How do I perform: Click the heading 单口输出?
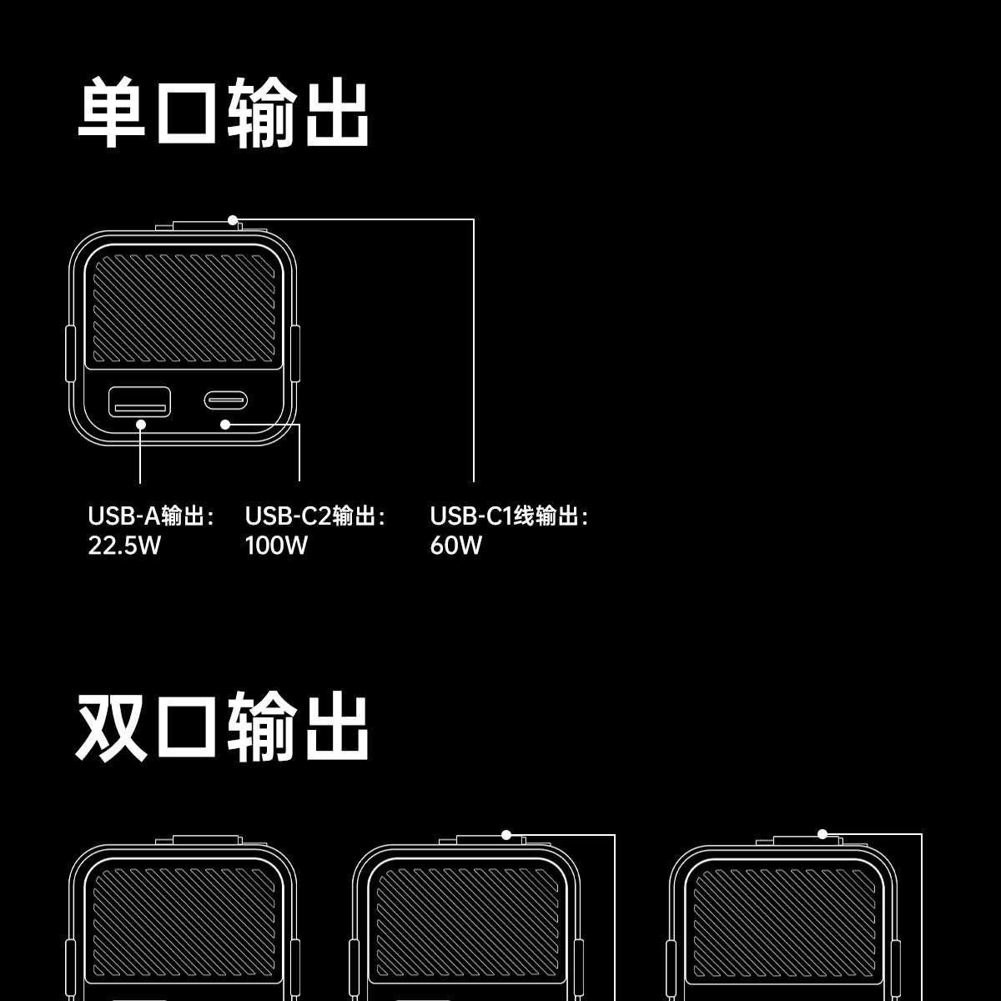pos(224,113)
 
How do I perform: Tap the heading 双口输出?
pos(224,725)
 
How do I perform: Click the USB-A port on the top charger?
pos(140,401)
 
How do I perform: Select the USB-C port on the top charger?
pos(225,400)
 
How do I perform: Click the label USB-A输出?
pos(151,516)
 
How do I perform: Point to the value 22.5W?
pos(124,546)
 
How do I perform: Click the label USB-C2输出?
pos(315,516)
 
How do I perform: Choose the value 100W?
pos(276,546)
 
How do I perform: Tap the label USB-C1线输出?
pos(509,516)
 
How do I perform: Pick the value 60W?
pos(455,546)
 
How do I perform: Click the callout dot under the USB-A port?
pos(141,424)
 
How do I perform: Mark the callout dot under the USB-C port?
pos(225,425)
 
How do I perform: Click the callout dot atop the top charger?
pos(233,220)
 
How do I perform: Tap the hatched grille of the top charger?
pos(184,309)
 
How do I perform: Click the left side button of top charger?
pos(71,355)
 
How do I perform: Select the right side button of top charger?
pos(295,355)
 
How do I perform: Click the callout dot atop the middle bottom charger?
pos(506,834)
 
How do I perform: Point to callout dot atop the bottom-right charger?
pos(822,833)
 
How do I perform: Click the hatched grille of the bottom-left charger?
pos(184,926)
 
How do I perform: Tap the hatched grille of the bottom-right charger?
pos(784,926)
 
